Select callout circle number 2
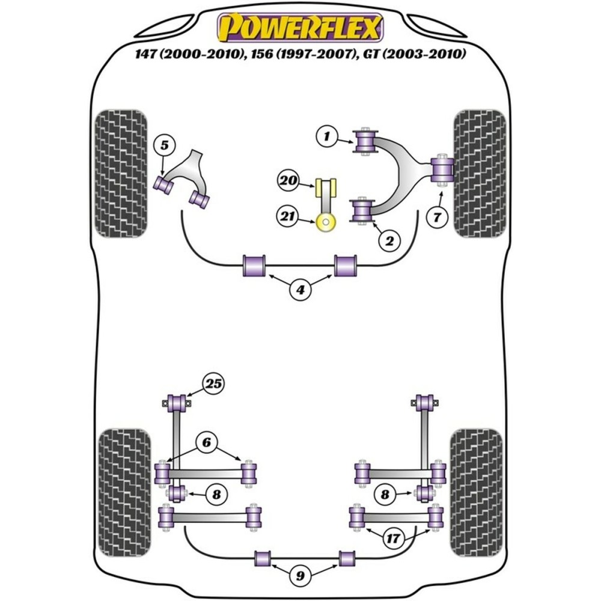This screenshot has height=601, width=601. click(x=389, y=242)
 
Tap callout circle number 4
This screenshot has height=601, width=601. click(x=299, y=290)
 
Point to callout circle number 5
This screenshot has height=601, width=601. click(x=164, y=144)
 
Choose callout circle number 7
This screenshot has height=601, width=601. click(x=437, y=218)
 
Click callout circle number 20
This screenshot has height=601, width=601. click(x=288, y=179)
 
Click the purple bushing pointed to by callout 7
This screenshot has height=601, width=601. click(x=444, y=169)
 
